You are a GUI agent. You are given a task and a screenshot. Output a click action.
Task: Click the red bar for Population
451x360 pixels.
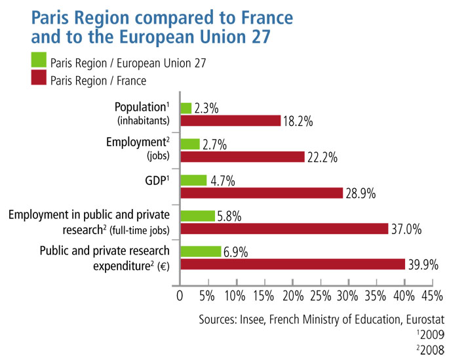(x=230, y=121)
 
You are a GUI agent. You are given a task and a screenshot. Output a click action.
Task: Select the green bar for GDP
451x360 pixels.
(x=193, y=180)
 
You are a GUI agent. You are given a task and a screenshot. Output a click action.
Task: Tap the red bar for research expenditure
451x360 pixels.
(x=292, y=264)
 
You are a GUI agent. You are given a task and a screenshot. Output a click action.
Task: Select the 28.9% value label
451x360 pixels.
(x=364, y=193)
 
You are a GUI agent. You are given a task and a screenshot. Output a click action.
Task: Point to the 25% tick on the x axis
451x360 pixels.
(x=320, y=296)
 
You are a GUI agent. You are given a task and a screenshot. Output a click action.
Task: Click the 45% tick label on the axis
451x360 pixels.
(x=432, y=296)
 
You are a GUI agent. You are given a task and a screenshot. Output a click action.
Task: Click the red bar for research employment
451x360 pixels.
(x=283, y=228)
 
